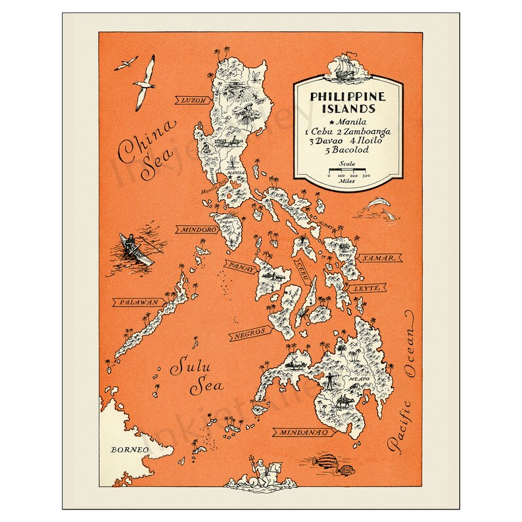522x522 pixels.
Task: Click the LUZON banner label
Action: click(194, 101)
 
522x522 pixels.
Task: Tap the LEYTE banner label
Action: click(368, 288)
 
